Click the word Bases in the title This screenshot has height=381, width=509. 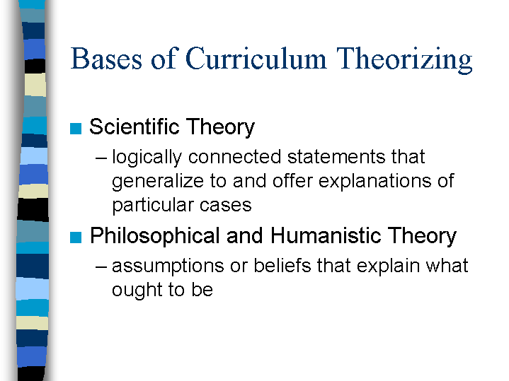coord(106,59)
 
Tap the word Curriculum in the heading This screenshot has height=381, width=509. coord(256,59)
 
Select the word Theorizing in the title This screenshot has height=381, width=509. coord(404,60)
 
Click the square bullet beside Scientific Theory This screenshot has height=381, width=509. coord(76,129)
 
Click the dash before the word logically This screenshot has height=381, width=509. coord(101,158)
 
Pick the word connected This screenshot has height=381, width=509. coord(235,157)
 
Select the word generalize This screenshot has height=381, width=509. coord(158,182)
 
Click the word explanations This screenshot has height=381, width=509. coord(375,182)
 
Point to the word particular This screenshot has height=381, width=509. coord(153,206)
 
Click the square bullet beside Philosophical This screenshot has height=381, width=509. coord(76,238)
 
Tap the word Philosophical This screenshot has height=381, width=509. coord(155,235)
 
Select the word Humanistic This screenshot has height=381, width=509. coord(326,235)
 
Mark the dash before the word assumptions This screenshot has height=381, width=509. coord(101,267)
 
